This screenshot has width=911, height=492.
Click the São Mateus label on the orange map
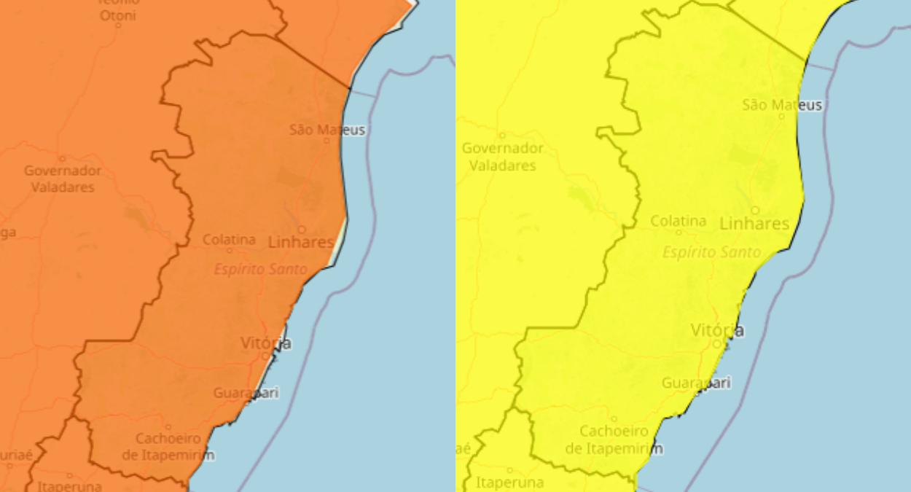[x=327, y=130]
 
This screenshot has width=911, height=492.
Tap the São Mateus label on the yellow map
[x=782, y=105]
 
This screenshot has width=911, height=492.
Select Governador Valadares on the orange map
[x=62, y=179]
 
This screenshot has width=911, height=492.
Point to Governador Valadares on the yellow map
[x=502, y=157]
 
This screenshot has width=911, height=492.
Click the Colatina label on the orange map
[x=229, y=239]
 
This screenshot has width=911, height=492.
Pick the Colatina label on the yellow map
[x=678, y=220]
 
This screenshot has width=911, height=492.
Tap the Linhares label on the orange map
[x=301, y=242]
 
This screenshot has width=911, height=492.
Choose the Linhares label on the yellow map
[x=754, y=223]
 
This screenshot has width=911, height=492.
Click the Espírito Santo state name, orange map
[x=260, y=269]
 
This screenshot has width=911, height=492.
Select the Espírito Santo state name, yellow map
[x=711, y=252]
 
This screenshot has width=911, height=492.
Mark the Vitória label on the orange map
[x=266, y=343]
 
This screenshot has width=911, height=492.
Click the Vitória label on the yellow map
[x=717, y=330]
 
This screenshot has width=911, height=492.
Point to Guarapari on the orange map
[x=246, y=393]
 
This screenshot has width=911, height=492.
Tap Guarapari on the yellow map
[x=695, y=383]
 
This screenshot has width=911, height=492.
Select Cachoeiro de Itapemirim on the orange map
[x=168, y=446]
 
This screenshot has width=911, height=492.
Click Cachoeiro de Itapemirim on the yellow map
[x=614, y=439]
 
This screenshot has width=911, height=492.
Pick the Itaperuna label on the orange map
[x=69, y=485]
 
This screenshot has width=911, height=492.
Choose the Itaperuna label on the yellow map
[x=509, y=482]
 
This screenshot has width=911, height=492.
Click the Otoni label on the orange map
[x=117, y=15]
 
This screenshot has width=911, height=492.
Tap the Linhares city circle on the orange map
[x=301, y=229]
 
